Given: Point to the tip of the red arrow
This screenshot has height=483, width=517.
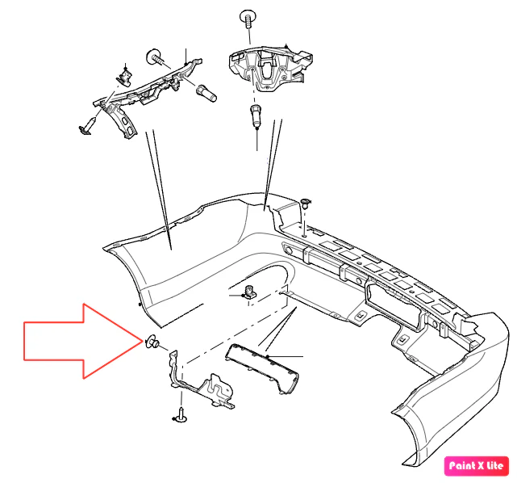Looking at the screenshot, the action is tap(143, 341).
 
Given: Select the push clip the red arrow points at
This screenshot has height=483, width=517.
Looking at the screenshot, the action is tap(152, 342).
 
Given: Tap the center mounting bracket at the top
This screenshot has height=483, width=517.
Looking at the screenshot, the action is tap(270, 68).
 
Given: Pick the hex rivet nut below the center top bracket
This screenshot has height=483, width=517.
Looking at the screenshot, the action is tap(256, 115).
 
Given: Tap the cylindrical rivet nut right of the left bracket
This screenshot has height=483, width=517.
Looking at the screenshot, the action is tap(206, 94).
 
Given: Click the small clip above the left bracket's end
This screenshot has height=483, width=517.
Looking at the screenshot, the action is tap(124, 78).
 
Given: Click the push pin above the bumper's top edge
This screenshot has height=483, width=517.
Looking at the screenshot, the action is tap(306, 204).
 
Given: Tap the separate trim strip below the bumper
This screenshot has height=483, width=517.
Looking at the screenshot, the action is tap(262, 368).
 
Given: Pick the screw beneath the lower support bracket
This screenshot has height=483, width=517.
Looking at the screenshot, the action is tap(181, 416).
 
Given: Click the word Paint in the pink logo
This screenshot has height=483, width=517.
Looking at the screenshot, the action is tap(461, 466).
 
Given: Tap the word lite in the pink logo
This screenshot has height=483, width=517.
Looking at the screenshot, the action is tap(495, 465).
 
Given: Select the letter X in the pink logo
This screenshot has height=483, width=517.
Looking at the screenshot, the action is tap(480, 466).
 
